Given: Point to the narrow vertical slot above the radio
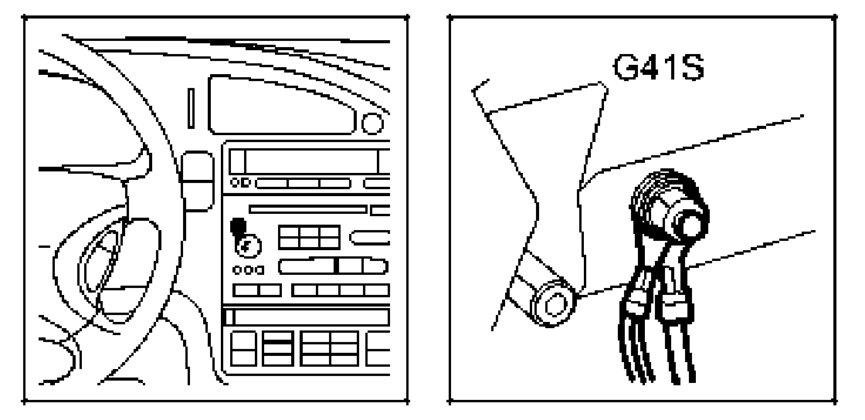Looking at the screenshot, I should point(191,108).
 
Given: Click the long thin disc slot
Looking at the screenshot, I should point(307,208).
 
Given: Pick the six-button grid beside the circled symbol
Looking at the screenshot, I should point(308,239).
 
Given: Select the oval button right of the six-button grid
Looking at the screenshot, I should point(371,239).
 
